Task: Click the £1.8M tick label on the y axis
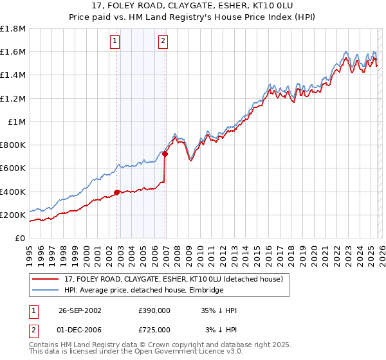[13, 29]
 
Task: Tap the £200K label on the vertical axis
[13, 215]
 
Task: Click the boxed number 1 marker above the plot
[115, 42]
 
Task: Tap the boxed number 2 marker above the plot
[163, 42]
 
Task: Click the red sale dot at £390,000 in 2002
[117, 192]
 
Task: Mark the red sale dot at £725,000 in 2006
[165, 154]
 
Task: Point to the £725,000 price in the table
[154, 329]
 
